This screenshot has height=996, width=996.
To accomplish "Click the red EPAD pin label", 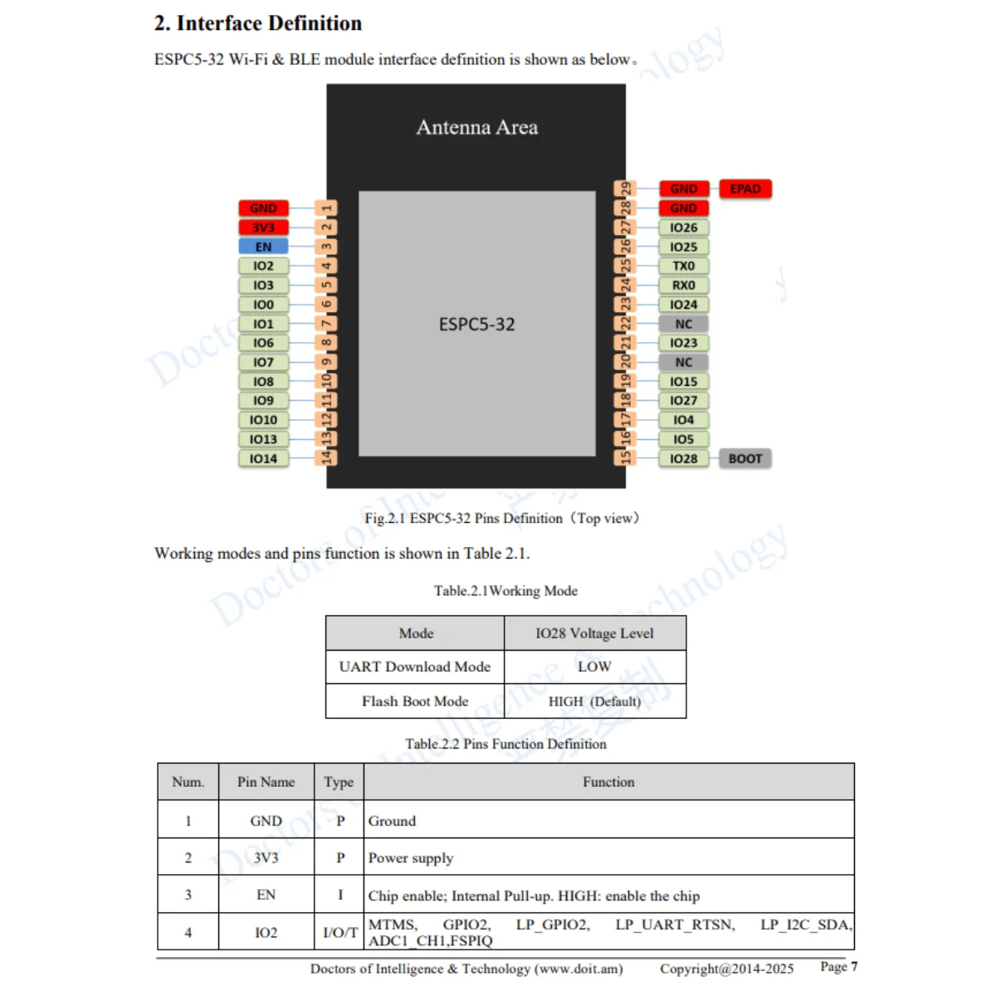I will (745, 189).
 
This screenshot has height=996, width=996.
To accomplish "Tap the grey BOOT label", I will (745, 458).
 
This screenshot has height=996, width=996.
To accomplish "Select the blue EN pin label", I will (263, 247).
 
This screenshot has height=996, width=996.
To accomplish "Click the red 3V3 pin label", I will (263, 227).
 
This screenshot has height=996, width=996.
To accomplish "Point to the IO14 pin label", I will (263, 458).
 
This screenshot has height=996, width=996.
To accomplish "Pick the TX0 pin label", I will (683, 266).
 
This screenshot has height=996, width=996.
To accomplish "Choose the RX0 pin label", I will (683, 285).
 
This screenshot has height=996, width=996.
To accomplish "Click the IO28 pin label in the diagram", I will (683, 458).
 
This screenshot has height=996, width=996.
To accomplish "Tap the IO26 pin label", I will (683, 227).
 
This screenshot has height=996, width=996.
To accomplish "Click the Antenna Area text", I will (476, 127).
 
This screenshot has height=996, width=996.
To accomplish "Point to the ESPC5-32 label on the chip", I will (476, 324).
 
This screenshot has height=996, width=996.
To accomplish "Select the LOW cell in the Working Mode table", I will (594, 666).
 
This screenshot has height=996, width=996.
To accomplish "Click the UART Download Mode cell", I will (415, 666).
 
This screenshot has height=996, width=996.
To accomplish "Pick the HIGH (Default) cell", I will (594, 701).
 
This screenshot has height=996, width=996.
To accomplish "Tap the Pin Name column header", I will (266, 782).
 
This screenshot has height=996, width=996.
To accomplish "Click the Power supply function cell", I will (411, 857).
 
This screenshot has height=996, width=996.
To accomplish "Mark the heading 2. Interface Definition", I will (258, 23).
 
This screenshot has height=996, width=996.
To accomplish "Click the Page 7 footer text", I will (838, 967).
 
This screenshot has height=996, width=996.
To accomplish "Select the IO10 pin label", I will (263, 420).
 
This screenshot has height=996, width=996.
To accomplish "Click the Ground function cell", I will (392, 821).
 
